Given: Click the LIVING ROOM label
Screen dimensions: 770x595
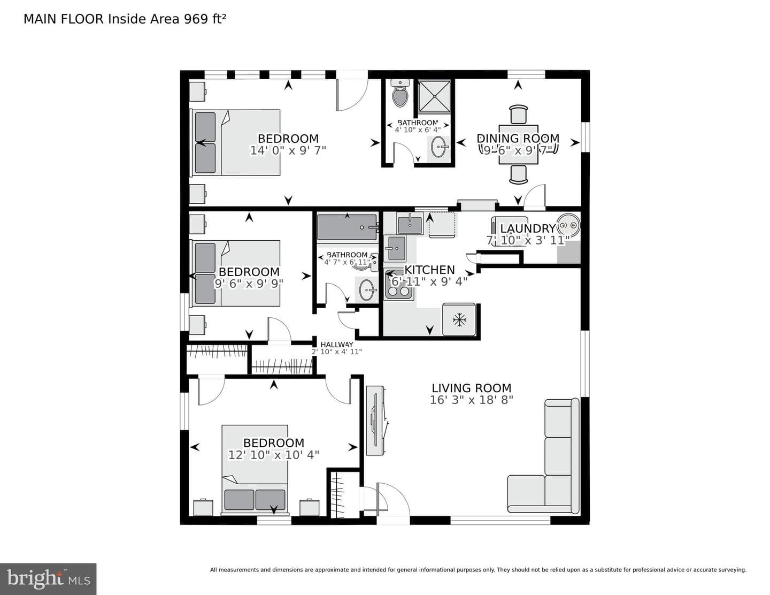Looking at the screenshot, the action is pyautogui.click(x=471, y=388).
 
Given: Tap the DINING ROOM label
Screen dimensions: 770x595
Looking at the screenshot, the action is pyautogui.click(x=518, y=138).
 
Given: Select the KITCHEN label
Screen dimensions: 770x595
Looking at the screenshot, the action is pyautogui.click(x=429, y=270).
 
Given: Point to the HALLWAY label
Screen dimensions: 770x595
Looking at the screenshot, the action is pyautogui.click(x=337, y=345).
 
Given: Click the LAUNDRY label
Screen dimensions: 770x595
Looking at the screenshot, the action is pyautogui.click(x=528, y=228).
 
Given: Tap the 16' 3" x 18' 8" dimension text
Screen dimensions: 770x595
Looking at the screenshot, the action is pyautogui.click(x=471, y=400).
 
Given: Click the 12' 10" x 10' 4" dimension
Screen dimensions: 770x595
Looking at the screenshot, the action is pyautogui.click(x=274, y=455).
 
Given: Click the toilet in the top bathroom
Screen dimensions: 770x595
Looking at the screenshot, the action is pyautogui.click(x=400, y=93).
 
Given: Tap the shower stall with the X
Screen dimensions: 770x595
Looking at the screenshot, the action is pyautogui.click(x=434, y=96).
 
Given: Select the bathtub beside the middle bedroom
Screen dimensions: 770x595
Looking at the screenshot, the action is pyautogui.click(x=347, y=227).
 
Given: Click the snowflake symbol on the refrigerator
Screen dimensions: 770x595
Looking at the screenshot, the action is pyautogui.click(x=459, y=320).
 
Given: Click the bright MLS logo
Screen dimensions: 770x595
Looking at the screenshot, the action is pyautogui.click(x=48, y=579).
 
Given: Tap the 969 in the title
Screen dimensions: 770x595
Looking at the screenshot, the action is pyautogui.click(x=196, y=19).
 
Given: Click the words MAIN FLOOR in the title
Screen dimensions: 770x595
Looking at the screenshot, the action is pyautogui.click(x=64, y=19).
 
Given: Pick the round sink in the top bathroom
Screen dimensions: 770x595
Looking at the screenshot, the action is pyautogui.click(x=440, y=147).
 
